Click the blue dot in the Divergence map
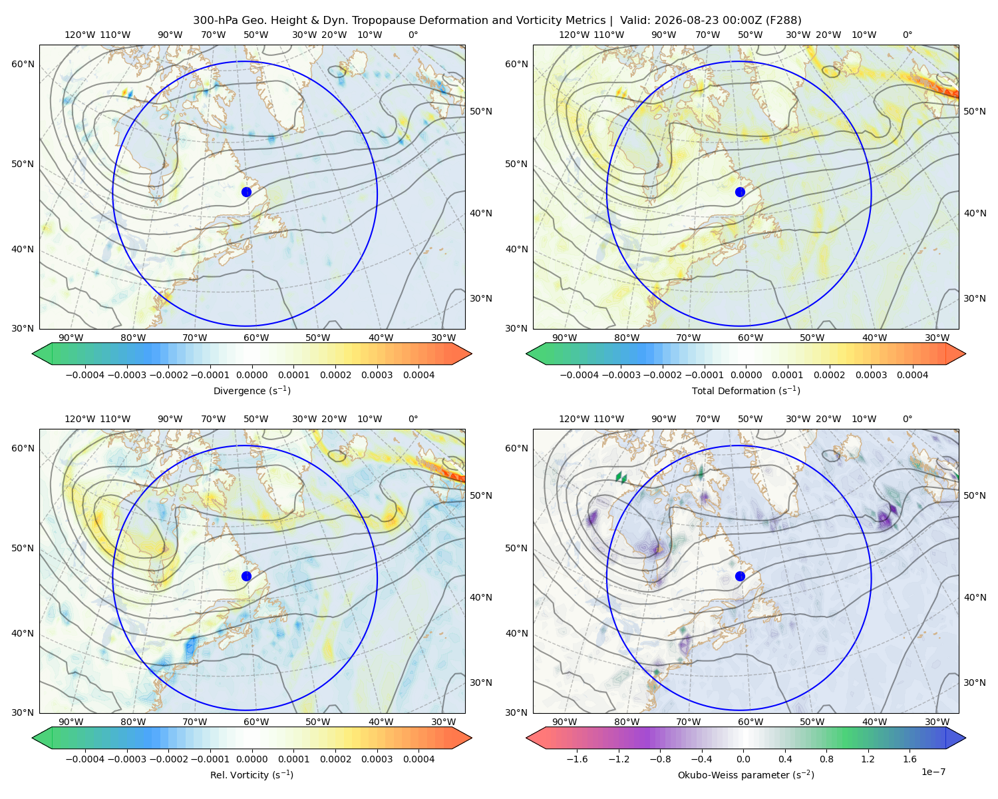246,192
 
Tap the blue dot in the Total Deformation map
740,192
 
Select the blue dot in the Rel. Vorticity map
246,576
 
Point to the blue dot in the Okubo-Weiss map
740,576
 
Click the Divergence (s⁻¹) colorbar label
251,390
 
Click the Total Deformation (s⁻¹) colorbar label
746,390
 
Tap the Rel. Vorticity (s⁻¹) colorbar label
251,774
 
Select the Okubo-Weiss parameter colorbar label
746,774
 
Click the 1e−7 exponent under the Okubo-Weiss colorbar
933,772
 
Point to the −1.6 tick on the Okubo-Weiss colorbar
577,758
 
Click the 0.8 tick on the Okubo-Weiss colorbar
826,758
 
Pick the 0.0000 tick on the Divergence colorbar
251,375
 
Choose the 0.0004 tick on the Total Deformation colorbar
912,375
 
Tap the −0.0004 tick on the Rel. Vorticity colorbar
85,758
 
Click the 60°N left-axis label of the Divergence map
23,64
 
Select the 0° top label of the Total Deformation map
908,35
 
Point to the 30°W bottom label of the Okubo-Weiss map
937,722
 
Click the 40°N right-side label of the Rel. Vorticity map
481,597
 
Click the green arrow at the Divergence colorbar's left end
42,354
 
